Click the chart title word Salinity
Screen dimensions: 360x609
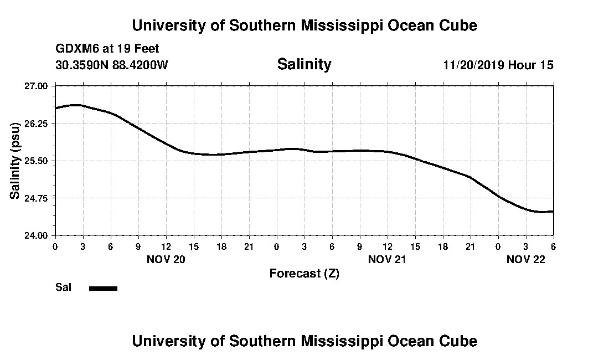coord(304,64)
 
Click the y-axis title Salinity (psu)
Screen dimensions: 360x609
coord(15,161)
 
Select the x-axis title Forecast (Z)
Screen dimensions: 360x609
coord(304,273)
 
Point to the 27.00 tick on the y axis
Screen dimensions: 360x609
coord(37,86)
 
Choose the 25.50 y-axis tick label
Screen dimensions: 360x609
coord(37,161)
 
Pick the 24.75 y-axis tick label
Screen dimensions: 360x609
coord(37,198)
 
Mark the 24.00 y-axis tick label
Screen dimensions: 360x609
coord(37,235)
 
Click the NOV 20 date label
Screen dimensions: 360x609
coord(166,259)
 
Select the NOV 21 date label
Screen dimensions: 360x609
coord(388,259)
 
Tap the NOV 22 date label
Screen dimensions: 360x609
coord(526,259)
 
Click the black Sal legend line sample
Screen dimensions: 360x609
coord(103,288)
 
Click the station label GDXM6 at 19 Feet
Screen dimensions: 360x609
coord(107,49)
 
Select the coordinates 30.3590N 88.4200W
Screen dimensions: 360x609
coord(112,65)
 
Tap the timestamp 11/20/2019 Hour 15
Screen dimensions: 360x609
coord(498,65)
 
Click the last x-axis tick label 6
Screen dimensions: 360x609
coord(553,246)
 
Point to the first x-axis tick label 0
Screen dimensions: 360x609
coord(55,246)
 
